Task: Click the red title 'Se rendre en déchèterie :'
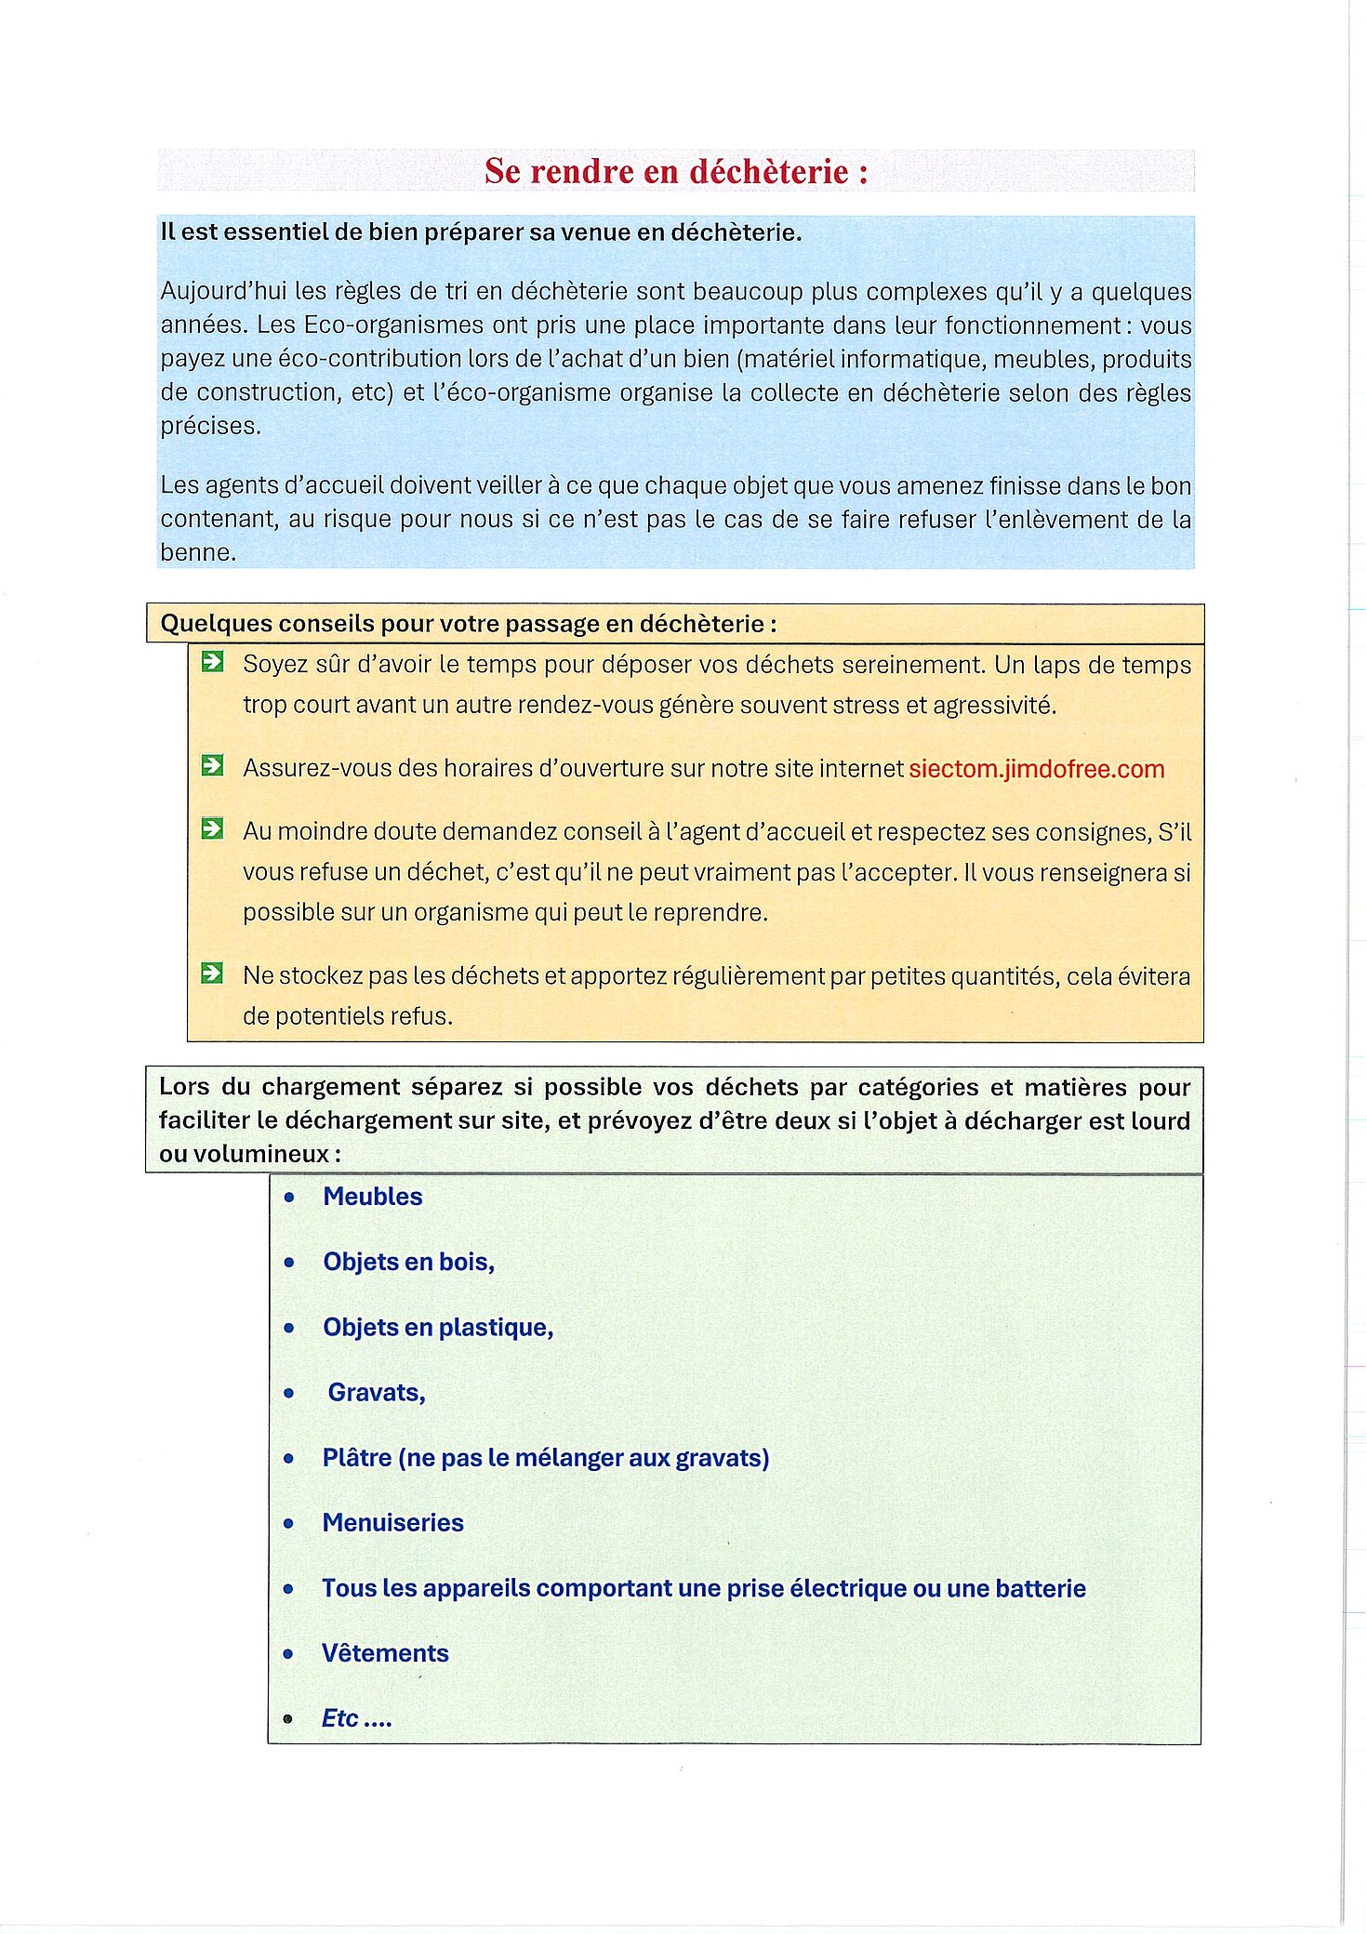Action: (676, 172)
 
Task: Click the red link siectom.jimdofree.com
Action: (1036, 769)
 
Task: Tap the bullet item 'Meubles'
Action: (372, 1197)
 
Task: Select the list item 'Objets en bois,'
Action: (408, 1262)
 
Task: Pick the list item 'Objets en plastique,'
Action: (438, 1327)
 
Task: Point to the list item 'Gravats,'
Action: (377, 1392)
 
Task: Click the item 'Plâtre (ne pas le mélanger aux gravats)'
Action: (546, 1457)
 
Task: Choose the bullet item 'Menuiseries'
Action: (392, 1522)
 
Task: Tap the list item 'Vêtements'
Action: (385, 1652)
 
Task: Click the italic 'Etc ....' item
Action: (356, 1718)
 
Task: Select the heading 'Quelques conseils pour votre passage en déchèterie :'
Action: (468, 624)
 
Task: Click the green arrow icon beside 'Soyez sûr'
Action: (213, 662)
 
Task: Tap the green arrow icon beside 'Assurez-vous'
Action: (213, 765)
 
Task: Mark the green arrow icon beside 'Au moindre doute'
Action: (213, 828)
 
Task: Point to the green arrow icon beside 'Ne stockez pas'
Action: (213, 974)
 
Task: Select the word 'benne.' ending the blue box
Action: (198, 552)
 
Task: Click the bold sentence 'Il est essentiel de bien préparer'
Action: (481, 232)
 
